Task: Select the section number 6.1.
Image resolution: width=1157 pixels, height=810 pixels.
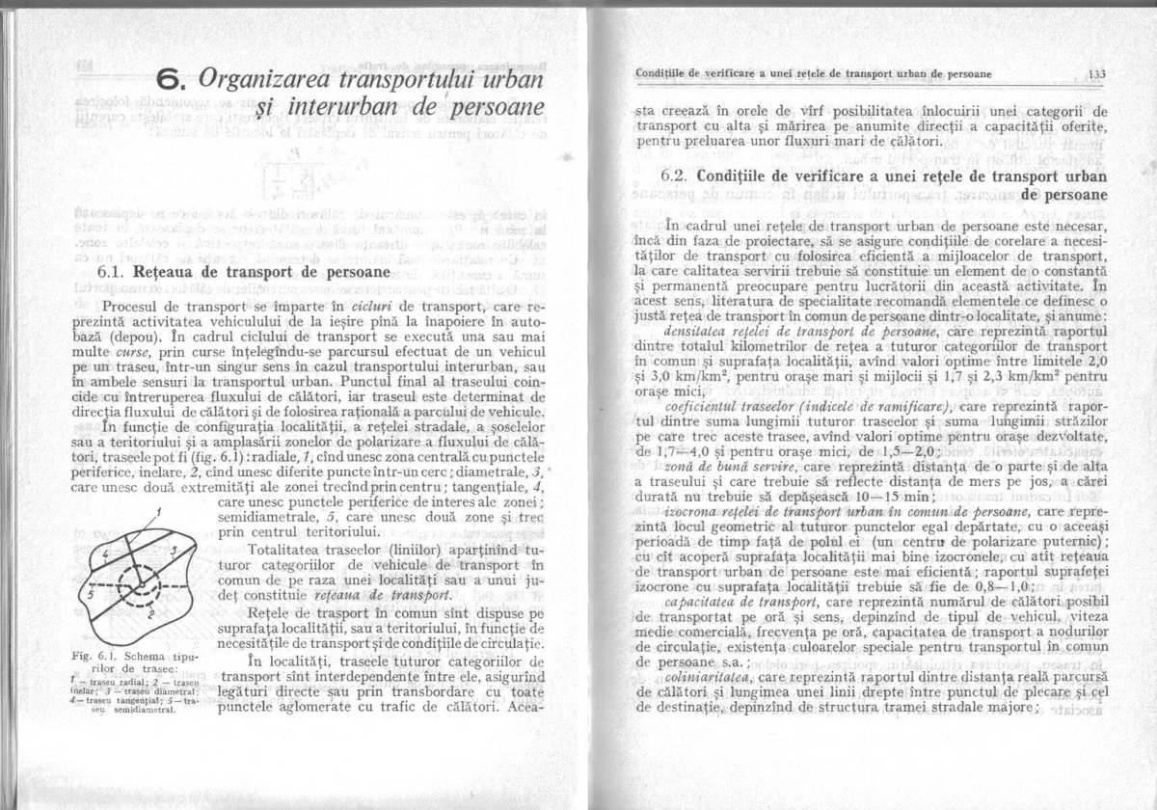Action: pos(115,274)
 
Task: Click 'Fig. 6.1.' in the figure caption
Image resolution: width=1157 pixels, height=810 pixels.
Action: pos(92,656)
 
